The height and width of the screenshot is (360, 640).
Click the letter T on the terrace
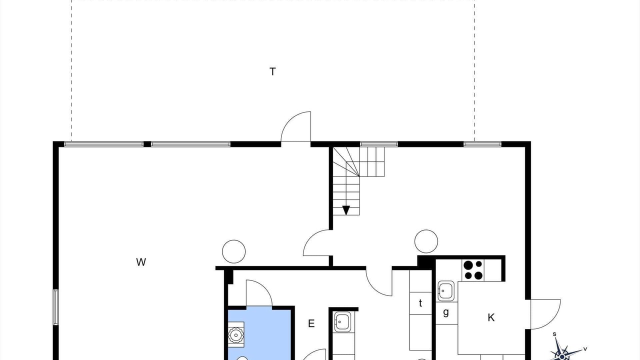(272, 71)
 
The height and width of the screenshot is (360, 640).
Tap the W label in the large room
(141, 262)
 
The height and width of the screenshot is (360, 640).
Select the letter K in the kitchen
(491, 317)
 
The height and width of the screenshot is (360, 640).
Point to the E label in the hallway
(311, 323)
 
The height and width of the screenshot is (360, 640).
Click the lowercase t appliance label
(420, 303)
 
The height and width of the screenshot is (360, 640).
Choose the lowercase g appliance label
(446, 312)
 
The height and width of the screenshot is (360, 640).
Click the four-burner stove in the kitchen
(473, 270)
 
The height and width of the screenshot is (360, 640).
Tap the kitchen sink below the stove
(445, 291)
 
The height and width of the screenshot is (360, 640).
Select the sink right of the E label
(342, 321)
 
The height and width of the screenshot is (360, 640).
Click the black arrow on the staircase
(346, 210)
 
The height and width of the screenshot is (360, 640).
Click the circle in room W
(233, 251)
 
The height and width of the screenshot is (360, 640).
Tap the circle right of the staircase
(426, 241)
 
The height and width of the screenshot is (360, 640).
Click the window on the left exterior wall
(55, 307)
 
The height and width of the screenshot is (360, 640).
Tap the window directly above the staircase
(378, 144)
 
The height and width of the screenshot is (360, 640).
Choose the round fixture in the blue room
(235, 335)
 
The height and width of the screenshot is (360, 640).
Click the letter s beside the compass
(554, 334)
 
